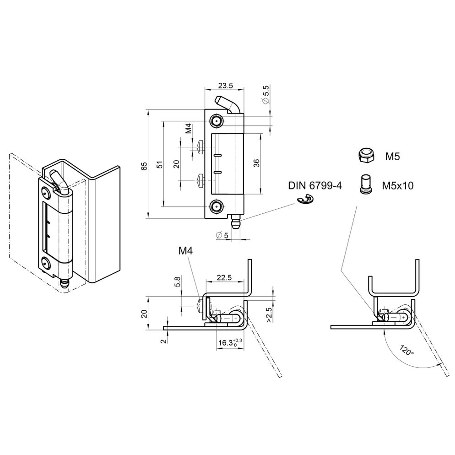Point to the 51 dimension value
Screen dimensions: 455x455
coord(159,165)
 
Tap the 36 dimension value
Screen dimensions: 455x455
coord(256,163)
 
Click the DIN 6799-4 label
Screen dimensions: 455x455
coord(315,185)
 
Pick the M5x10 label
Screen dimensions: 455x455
coord(398,185)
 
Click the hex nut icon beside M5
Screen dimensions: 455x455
coord(366,157)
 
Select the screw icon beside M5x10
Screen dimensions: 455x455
coord(366,184)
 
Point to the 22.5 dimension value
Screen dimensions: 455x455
coord(224,277)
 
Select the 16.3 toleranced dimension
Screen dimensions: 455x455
coord(230,343)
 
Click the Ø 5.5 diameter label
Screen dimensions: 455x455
coord(265,94)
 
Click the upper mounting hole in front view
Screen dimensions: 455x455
coord(216,121)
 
